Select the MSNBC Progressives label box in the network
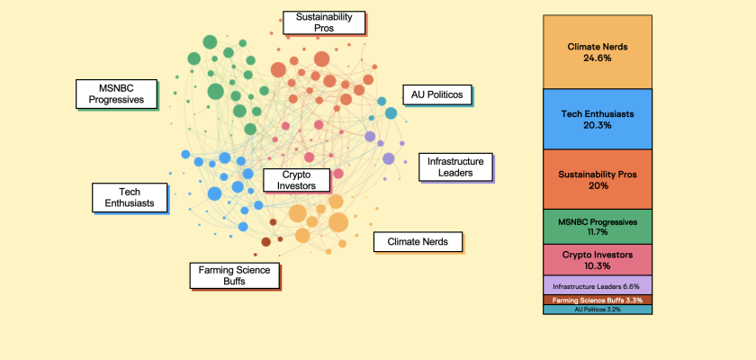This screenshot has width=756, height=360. tap(115, 94)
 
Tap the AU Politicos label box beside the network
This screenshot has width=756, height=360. tap(436, 94)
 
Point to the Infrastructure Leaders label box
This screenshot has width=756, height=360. tap(455, 166)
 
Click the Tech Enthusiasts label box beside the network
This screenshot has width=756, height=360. tap(130, 198)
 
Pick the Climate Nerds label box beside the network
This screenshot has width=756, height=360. tap(418, 241)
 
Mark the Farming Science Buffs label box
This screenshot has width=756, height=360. tap(234, 275)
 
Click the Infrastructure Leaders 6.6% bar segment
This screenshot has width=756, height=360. tap(598, 285)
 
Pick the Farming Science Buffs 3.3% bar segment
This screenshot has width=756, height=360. tap(598, 300)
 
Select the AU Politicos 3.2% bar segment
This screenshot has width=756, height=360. tap(598, 310)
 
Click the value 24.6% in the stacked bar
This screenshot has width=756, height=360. tap(598, 58)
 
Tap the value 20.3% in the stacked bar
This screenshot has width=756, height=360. tap(598, 126)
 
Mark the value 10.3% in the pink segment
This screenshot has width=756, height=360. tap(598, 266)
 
